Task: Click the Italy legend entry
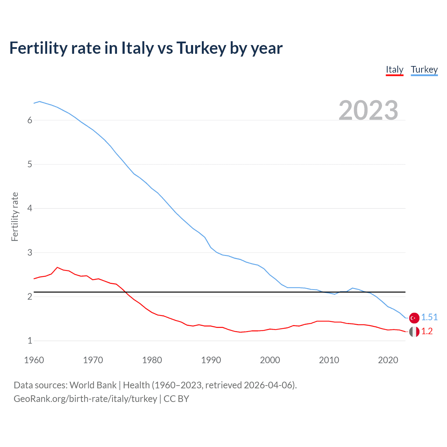[395, 70]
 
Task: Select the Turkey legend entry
[424, 70]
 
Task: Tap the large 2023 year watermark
[368, 110]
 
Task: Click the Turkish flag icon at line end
[414, 318]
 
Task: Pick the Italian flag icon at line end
[414, 332]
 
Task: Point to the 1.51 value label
[429, 317]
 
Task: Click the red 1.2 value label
[427, 331]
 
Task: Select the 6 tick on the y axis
[30, 120]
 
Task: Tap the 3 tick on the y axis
[30, 252]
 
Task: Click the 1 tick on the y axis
[30, 340]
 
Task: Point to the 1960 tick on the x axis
[34, 360]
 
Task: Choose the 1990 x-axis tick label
[211, 360]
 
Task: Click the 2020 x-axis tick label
[388, 360]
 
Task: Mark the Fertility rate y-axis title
[15, 217]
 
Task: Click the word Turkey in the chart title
[201, 48]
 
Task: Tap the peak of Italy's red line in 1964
[57, 267]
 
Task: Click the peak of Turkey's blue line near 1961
[39, 101]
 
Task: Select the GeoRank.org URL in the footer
[85, 399]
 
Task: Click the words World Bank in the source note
[93, 385]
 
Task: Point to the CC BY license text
[176, 399]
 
